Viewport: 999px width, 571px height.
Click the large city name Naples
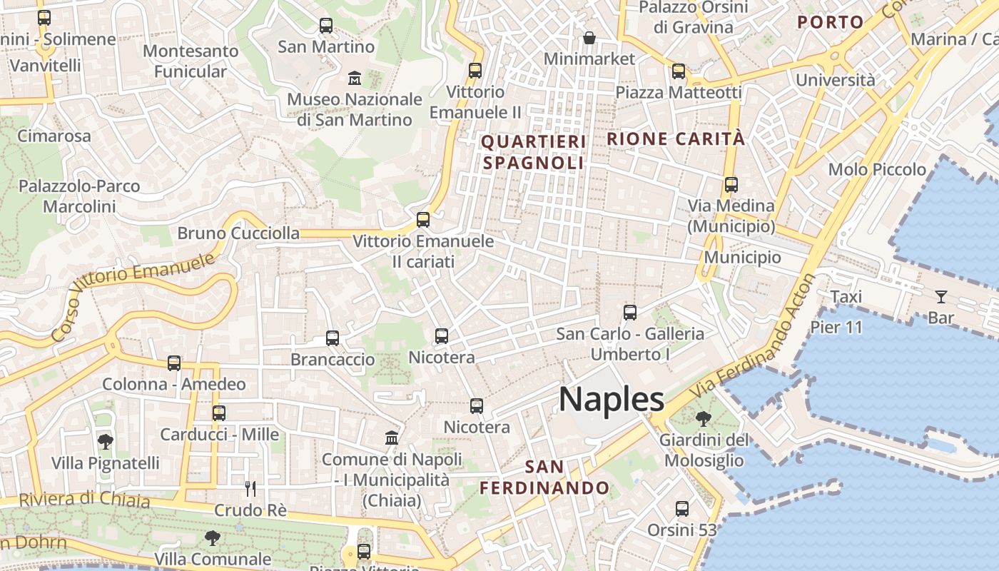[612, 400]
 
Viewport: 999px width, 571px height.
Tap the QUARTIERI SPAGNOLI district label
[534, 152]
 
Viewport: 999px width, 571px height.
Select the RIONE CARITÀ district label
[675, 138]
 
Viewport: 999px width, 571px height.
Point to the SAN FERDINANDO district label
[544, 477]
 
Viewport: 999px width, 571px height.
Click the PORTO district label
[831, 22]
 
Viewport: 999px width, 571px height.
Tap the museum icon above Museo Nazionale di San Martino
[355, 78]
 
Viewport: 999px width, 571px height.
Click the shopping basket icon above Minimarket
[589, 38]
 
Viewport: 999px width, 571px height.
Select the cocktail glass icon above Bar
[941, 297]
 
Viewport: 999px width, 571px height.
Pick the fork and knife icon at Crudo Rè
[250, 489]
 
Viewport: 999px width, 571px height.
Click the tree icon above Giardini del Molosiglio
[704, 418]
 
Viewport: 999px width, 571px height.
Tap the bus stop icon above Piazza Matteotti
[679, 71]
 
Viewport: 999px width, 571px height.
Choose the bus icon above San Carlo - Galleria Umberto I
[630, 313]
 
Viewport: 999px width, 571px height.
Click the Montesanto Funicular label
[191, 61]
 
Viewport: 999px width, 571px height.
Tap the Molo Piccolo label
[877, 170]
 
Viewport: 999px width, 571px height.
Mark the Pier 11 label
[836, 328]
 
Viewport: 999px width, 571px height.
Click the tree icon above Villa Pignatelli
[106, 442]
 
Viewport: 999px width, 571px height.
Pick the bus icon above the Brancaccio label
[333, 338]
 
